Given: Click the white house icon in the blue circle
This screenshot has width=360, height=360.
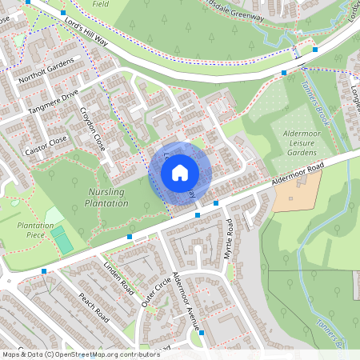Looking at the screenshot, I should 180,172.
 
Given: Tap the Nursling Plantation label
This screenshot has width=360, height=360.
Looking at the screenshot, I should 106,198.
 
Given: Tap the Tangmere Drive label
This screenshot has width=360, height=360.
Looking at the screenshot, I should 53,102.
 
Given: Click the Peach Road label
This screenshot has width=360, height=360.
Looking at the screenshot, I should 94,307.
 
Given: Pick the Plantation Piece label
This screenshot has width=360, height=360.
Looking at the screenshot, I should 35,231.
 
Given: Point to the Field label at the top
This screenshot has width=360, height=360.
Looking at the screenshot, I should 100,3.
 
